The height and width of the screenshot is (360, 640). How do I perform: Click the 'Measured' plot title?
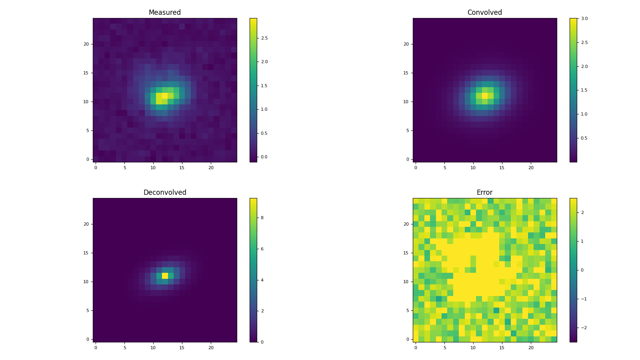point(164,12)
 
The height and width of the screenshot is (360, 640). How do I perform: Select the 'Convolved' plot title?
point(484,12)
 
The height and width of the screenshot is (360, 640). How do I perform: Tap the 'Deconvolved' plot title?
point(164,192)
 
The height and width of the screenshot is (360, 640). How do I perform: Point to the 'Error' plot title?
point(484,192)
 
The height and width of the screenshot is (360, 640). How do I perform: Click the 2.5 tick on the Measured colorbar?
point(264,38)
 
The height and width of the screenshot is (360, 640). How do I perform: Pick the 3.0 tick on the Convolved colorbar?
point(584,18)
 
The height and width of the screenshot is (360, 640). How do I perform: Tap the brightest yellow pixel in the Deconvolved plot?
point(165,276)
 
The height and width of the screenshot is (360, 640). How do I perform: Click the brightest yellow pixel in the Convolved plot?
point(485,96)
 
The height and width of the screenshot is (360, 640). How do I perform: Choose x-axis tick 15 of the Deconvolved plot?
point(182,348)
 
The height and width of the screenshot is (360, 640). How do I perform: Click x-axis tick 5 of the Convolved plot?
point(444,168)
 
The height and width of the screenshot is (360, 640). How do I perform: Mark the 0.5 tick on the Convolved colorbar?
point(584,138)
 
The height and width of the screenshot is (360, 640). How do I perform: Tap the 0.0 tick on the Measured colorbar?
point(264,157)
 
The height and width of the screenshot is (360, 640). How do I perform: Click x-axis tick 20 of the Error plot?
point(531,348)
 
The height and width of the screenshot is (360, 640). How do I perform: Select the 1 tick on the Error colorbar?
point(582,241)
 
